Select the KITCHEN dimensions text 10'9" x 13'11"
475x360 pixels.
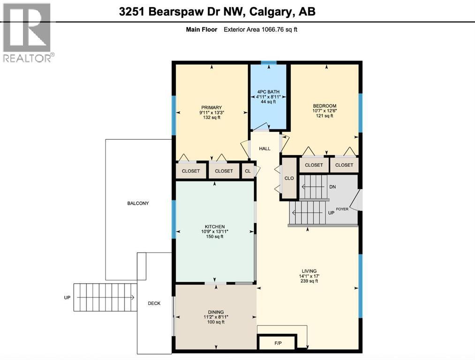click(x=214, y=232)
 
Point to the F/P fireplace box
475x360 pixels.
click(x=277, y=343)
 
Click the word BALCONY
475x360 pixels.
click(x=138, y=203)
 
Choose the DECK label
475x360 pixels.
click(x=154, y=303)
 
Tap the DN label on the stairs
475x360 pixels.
click(x=333, y=187)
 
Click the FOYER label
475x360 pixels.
click(x=342, y=209)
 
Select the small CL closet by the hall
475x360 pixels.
click(x=248, y=171)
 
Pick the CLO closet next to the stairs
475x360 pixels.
click(x=289, y=178)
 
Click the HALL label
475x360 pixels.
click(x=265, y=149)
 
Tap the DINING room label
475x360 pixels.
click(x=216, y=312)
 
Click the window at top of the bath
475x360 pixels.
click(x=269, y=62)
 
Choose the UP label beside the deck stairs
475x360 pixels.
click(x=67, y=298)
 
